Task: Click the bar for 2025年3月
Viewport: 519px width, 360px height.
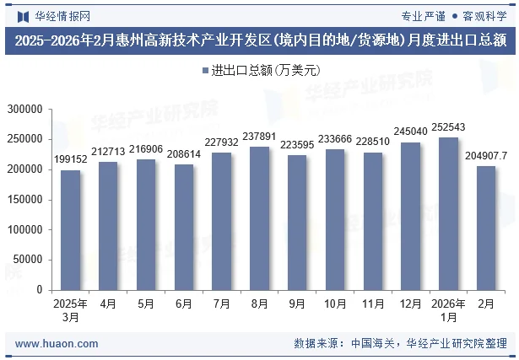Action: (71, 230)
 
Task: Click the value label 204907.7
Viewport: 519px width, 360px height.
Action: (487, 155)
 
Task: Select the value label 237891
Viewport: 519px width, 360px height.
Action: (259, 136)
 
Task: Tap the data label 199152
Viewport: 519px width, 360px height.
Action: (71, 159)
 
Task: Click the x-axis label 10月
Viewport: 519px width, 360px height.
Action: (335, 303)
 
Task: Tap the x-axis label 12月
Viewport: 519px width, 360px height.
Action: (411, 303)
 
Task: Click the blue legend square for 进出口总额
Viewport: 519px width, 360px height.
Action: (206, 70)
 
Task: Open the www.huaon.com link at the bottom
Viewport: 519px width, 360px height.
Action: (57, 343)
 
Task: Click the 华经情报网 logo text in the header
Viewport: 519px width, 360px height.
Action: (57, 15)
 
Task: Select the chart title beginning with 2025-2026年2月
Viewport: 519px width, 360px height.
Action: (259, 40)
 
